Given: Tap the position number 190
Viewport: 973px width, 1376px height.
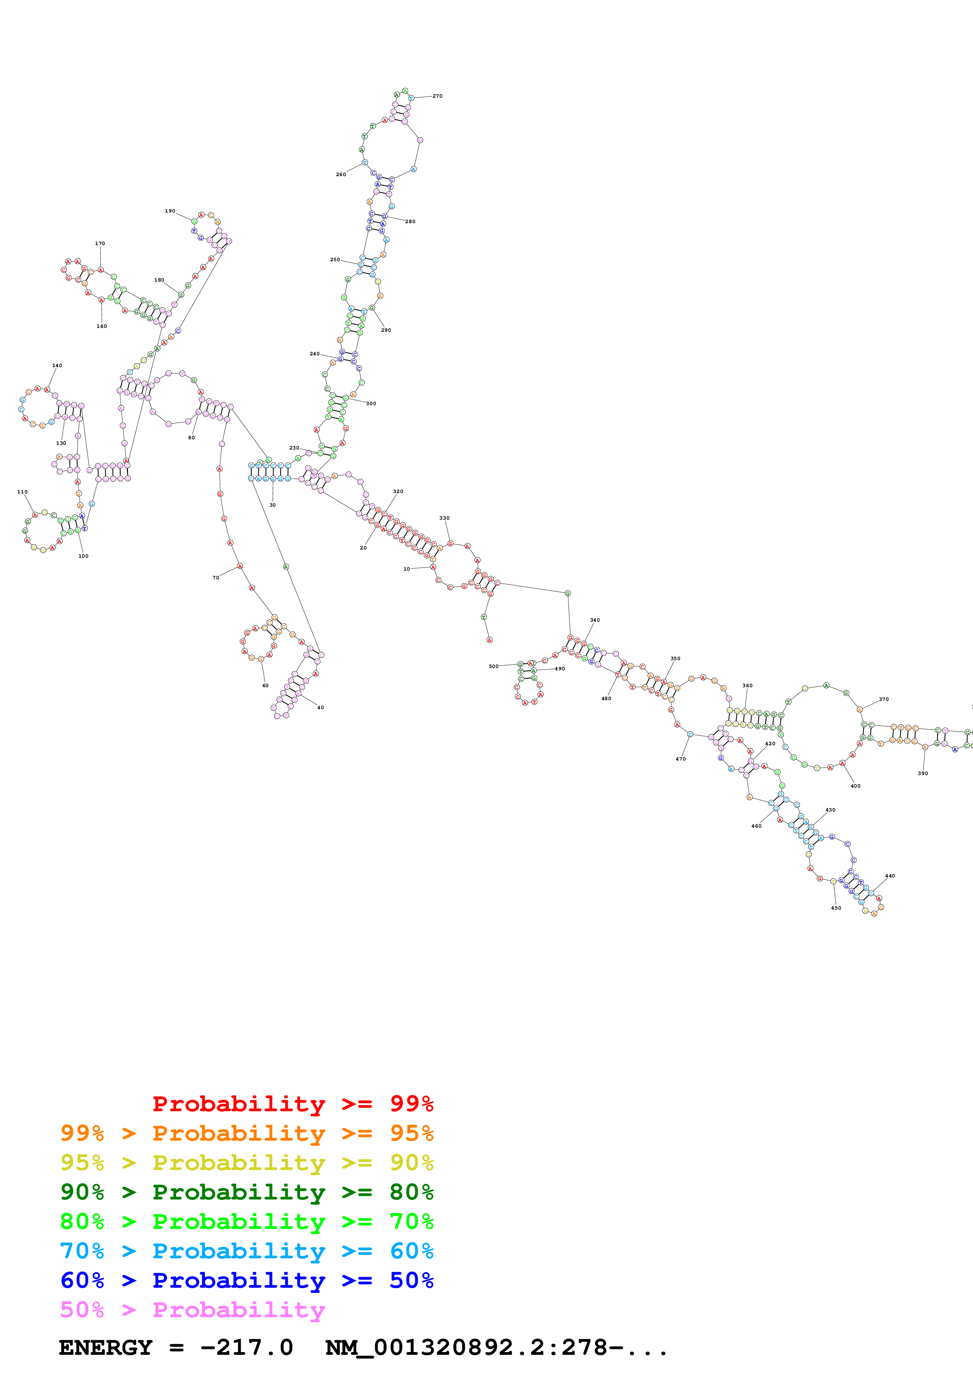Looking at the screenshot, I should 170,211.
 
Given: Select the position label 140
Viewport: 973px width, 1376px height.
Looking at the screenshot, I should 57,366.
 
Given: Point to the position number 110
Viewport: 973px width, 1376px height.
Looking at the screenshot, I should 22,492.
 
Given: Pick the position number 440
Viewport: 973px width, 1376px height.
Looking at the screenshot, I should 890,876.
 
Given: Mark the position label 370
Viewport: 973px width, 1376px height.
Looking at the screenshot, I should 884,699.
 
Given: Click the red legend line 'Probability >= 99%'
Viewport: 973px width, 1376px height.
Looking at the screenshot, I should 292,1104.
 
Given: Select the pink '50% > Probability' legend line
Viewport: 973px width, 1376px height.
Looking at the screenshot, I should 192,1310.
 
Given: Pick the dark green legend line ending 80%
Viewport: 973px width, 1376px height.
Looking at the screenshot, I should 246,1192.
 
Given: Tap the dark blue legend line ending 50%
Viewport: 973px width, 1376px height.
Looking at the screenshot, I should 246,1280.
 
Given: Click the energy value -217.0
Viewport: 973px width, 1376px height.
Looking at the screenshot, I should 246,1348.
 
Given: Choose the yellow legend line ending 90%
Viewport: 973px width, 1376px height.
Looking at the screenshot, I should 246,1163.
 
